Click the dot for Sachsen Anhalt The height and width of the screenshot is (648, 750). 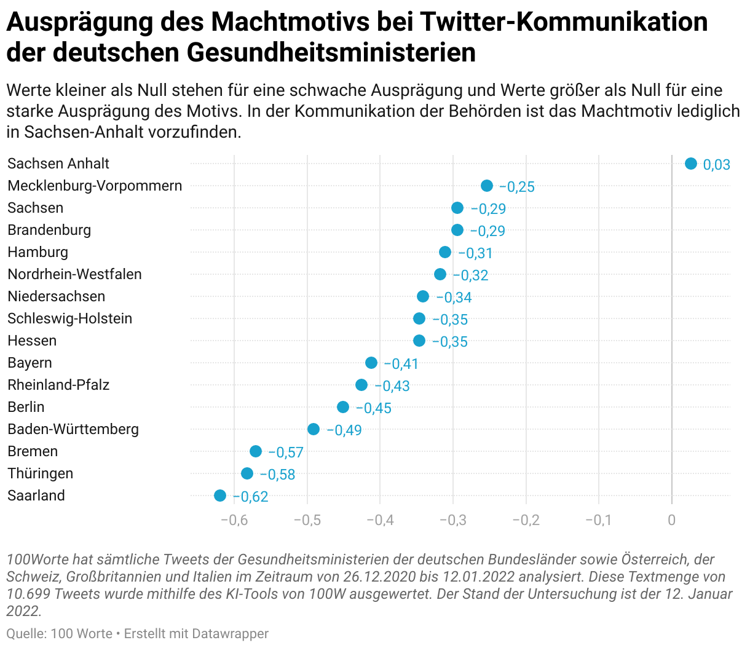pos(690,164)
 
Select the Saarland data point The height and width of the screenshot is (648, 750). pos(220,496)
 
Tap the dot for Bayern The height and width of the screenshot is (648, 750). pos(371,363)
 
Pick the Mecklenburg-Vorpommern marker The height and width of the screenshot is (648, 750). pos(487,186)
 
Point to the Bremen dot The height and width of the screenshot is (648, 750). pos(256,451)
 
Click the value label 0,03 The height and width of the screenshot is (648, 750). pos(716,165)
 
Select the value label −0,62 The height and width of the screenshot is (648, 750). pos(251,497)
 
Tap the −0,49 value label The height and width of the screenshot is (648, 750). pos(344,430)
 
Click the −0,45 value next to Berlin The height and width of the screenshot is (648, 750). pos(374,408)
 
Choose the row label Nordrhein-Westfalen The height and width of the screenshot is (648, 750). pos(74,274)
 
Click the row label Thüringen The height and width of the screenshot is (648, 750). pos(40,473)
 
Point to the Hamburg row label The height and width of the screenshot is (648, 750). pos(37,252)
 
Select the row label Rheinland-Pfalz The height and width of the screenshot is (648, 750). pos(58,385)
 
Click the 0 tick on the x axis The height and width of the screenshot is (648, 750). pos(672,520)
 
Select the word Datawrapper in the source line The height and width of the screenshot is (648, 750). pos(230,633)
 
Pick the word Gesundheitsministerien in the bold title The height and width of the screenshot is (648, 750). pos(331,52)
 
